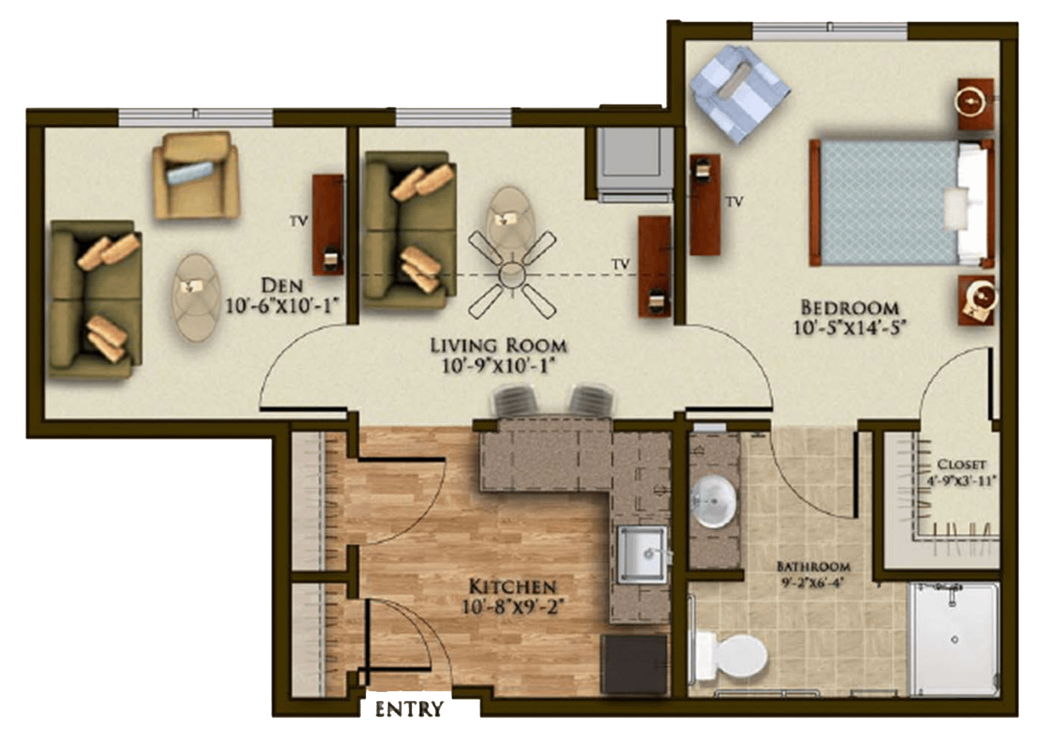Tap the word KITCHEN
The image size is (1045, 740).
point(513,586)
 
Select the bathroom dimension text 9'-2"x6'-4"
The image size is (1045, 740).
point(813,583)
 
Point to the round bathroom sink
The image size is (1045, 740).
point(713,502)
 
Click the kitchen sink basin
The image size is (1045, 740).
point(642,554)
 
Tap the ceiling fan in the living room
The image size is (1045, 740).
point(512,274)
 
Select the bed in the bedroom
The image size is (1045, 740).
point(901,202)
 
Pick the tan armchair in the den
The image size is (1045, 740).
point(196,175)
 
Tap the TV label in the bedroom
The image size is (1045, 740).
point(735,201)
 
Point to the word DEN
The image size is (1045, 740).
point(282,285)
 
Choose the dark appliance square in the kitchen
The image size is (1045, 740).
point(634,664)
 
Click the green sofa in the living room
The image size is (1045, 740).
point(410,231)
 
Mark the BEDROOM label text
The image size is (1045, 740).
point(850,308)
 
